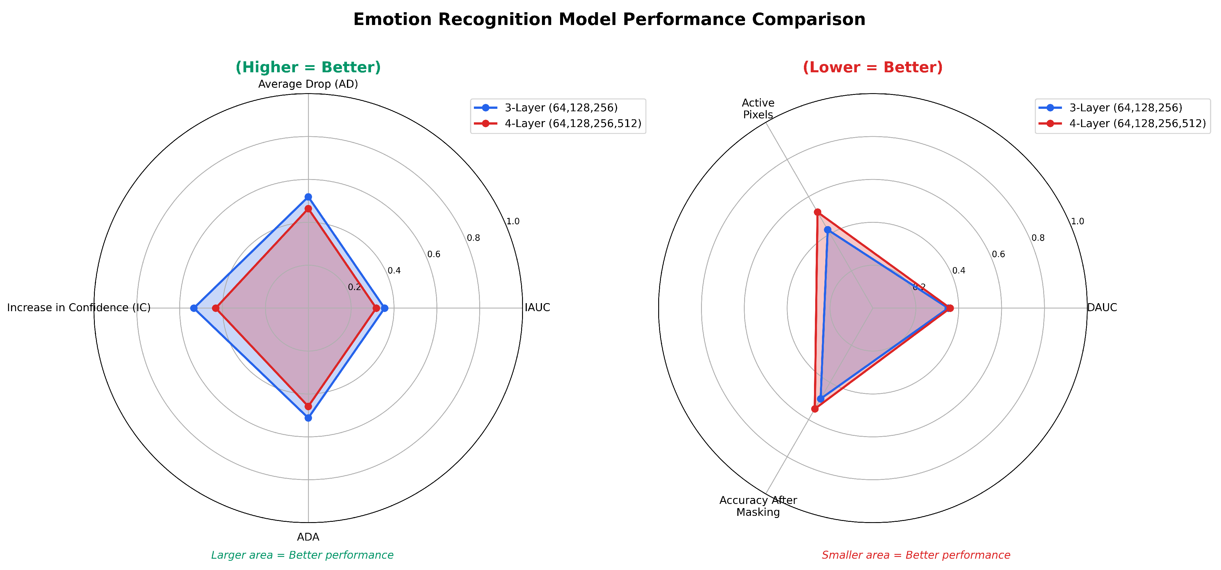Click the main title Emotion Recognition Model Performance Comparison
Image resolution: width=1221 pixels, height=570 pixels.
609,19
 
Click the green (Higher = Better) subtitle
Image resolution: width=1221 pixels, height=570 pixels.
308,67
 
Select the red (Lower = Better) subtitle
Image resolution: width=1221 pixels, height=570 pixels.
873,67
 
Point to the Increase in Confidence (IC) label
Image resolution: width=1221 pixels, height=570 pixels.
79,308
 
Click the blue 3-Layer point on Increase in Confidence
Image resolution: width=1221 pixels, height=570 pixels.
193,308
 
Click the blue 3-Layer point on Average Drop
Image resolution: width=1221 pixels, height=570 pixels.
308,197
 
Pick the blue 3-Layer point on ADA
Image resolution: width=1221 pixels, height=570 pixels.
308,418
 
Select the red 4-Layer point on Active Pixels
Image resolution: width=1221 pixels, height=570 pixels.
817,212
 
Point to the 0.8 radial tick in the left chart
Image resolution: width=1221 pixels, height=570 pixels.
473,238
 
